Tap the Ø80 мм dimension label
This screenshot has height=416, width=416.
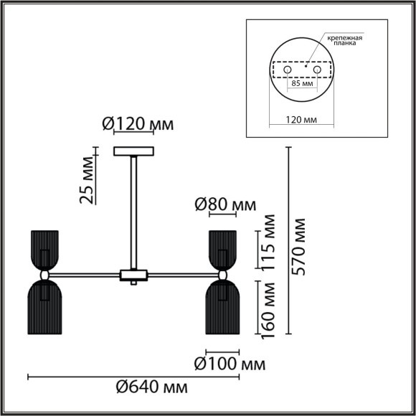(x=225, y=206)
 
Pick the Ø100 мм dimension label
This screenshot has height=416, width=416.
(x=229, y=363)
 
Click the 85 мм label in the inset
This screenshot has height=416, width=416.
(x=301, y=84)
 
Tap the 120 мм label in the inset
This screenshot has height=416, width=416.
(x=301, y=121)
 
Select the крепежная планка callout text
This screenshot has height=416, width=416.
(x=344, y=39)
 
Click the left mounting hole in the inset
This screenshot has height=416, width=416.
(x=287, y=70)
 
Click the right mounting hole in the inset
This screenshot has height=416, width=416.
(x=316, y=70)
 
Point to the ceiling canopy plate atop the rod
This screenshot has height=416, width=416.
(x=134, y=151)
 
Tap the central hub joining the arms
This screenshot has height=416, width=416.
(x=134, y=274)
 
